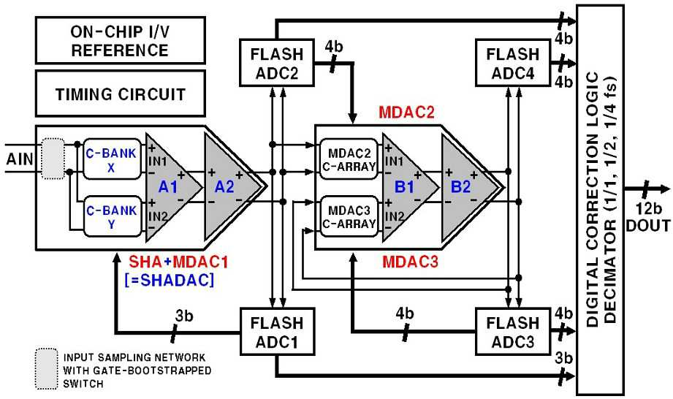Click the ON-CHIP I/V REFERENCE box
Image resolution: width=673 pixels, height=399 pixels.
(x=120, y=40)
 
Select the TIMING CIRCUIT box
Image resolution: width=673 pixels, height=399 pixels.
(x=120, y=94)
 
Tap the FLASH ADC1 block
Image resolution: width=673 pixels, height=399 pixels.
(x=277, y=331)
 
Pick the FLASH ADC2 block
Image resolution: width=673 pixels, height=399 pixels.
(x=277, y=63)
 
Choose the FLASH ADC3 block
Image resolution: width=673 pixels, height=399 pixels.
(x=513, y=331)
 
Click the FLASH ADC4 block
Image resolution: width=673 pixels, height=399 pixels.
(x=513, y=63)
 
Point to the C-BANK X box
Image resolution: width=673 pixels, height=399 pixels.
(x=112, y=159)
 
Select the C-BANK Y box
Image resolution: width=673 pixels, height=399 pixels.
(x=112, y=216)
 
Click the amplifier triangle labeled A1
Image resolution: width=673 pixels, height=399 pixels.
(x=172, y=187)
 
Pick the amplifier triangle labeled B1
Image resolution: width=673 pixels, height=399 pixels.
(x=407, y=187)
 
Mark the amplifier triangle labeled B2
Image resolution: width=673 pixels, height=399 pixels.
(x=465, y=187)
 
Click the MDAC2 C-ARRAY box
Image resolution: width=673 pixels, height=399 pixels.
(x=349, y=159)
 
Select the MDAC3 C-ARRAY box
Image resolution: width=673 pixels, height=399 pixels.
(x=349, y=216)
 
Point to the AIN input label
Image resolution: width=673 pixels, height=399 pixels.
(x=19, y=159)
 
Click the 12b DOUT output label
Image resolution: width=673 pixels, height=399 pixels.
(x=648, y=217)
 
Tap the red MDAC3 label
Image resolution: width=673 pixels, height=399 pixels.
(x=411, y=262)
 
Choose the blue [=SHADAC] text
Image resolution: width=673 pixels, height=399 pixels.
(x=169, y=280)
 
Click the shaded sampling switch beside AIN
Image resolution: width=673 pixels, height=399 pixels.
(x=53, y=159)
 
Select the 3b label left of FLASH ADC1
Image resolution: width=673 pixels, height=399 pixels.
(x=184, y=316)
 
